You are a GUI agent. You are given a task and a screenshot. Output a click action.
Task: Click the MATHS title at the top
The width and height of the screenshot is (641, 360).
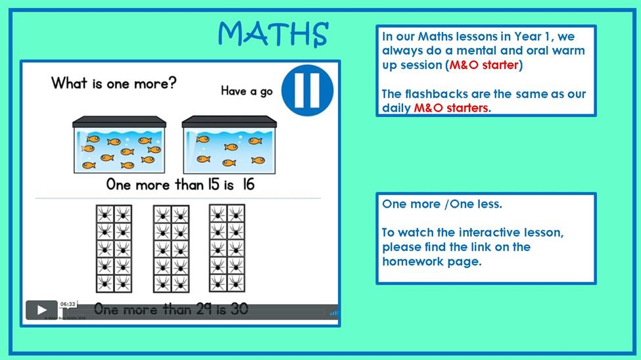click(x=273, y=34)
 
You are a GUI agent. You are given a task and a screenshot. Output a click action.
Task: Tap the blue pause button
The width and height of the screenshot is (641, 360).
click(x=308, y=90)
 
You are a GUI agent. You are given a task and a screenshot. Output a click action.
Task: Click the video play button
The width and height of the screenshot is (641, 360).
click(x=41, y=310)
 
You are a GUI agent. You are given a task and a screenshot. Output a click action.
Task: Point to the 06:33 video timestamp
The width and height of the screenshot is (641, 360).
click(x=68, y=304)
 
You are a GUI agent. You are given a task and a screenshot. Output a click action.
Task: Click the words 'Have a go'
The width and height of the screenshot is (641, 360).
click(x=247, y=91)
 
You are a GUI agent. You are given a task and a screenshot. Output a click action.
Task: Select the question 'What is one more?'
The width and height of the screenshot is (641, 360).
click(x=114, y=83)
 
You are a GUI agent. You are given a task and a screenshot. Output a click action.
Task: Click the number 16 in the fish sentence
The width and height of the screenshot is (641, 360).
click(x=249, y=185)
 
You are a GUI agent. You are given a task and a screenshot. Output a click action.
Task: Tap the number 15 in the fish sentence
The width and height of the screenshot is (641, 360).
click(x=214, y=185)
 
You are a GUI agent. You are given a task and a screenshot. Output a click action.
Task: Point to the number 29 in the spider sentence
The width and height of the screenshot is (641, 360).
click(x=204, y=309)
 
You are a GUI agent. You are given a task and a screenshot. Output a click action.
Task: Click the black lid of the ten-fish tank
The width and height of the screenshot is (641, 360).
click(x=120, y=122)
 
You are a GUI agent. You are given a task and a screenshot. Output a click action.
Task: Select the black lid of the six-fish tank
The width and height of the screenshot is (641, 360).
click(x=229, y=122)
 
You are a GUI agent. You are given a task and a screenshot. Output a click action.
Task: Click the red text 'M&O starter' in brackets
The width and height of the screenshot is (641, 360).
click(x=484, y=65)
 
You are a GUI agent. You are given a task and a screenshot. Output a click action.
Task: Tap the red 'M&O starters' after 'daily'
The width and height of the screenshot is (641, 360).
click(x=451, y=108)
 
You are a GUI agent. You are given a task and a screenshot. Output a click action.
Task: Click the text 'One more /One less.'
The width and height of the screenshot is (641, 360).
click(x=442, y=204)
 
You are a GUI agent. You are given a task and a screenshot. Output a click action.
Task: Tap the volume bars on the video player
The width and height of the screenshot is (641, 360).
click(x=333, y=313)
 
